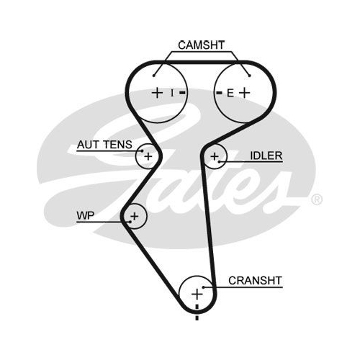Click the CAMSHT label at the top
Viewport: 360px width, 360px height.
[201, 45]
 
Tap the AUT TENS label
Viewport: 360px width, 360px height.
[104, 145]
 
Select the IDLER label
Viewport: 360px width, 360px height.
[266, 156]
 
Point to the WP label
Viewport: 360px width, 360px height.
[86, 215]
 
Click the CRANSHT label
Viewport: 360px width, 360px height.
[255, 281]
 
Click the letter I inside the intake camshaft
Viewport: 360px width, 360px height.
[172, 93]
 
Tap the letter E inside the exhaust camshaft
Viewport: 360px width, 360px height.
[230, 93]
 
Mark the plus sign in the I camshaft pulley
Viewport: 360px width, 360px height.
[158, 93]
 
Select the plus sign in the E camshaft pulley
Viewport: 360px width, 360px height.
[245, 93]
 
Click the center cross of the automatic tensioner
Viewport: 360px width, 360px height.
[148, 156]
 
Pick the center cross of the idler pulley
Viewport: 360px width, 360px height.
[215, 156]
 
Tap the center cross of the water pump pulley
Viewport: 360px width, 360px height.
[135, 216]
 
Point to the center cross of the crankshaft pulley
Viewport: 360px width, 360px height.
[197, 294]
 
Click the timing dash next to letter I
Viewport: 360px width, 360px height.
[182, 93]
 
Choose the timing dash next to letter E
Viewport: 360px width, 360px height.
[219, 93]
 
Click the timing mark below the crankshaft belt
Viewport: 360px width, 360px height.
[197, 318]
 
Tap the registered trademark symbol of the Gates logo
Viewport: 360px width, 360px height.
[317, 199]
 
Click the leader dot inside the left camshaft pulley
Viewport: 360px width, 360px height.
[154, 76]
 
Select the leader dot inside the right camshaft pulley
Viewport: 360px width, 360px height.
[250, 76]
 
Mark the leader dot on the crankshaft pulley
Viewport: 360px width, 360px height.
[203, 287]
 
